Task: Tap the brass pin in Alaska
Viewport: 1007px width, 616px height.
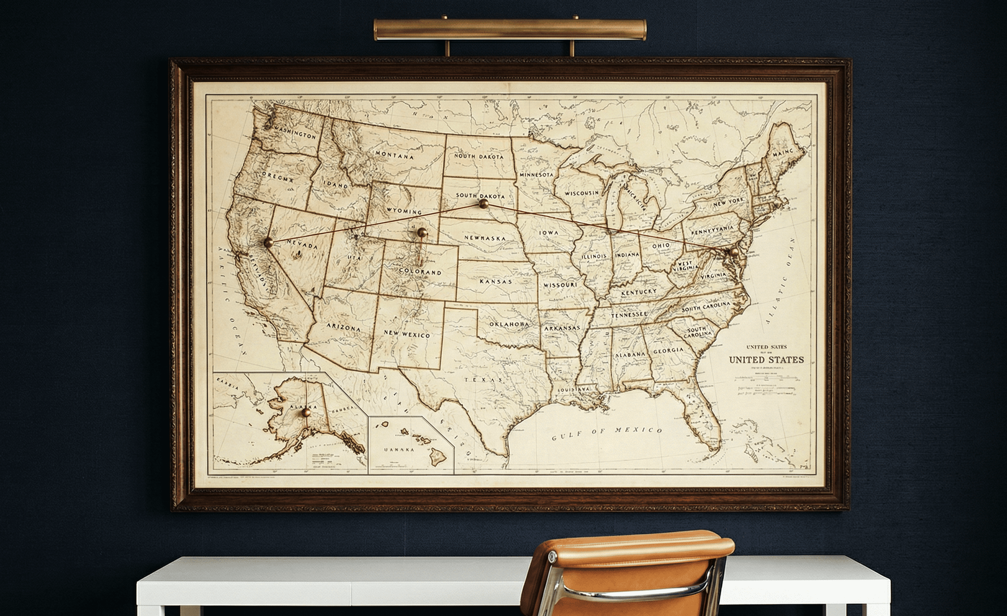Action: tap(305, 413)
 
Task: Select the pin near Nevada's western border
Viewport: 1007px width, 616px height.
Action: tap(268, 242)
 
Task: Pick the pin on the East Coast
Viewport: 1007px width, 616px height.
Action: tap(734, 252)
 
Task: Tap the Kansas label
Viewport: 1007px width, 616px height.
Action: tap(496, 281)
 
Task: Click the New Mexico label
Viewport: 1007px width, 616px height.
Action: tap(407, 334)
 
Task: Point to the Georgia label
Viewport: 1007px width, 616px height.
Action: tap(668, 351)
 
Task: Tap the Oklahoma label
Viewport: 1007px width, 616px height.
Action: tap(509, 324)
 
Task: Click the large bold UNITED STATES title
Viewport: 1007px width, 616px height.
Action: tap(766, 360)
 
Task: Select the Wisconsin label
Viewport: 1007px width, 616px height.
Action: tap(581, 193)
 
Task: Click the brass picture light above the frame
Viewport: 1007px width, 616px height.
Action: tap(510, 29)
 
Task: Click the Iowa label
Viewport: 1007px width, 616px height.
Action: tap(549, 233)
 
